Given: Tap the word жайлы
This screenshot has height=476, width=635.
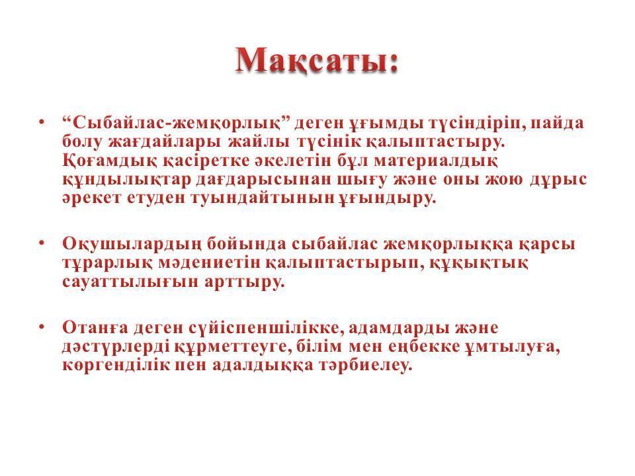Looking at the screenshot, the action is pos(259,141).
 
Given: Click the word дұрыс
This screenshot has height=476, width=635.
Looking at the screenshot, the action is pos(558,180).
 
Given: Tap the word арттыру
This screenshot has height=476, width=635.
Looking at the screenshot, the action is pos(245,282).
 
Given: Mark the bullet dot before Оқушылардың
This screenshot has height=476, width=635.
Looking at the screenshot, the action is pos(41,243).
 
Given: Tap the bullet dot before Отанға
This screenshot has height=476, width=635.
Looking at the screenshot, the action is pos(41,326).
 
